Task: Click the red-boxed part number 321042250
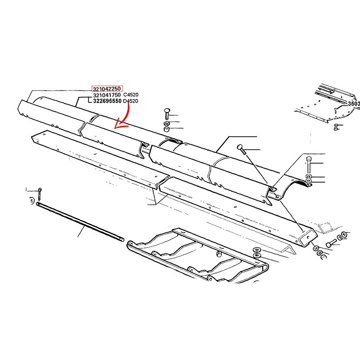[x=107, y=89]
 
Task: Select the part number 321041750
[x=107, y=95]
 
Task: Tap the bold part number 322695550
[x=107, y=101]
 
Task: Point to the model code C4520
[x=131, y=94]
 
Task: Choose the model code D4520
[x=130, y=101]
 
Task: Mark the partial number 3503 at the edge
[x=354, y=104]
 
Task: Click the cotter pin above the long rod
[x=40, y=193]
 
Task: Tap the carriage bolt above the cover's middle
[x=167, y=114]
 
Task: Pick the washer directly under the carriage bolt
[x=166, y=123]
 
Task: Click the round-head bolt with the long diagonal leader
[x=241, y=149]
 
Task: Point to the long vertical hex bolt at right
[x=309, y=165]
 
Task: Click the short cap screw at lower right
[x=331, y=243]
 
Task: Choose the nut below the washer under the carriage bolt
[x=167, y=129]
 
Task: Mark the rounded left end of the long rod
[x=37, y=203]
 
